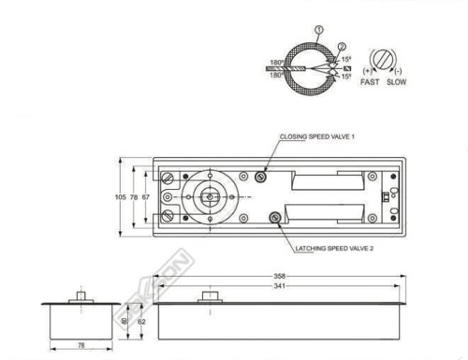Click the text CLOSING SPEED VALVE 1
pyautogui.click(x=316, y=137)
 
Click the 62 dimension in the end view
pyautogui.click(x=141, y=321)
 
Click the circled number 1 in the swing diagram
pyautogui.click(x=320, y=30)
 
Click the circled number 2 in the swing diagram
pyautogui.click(x=342, y=46)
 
